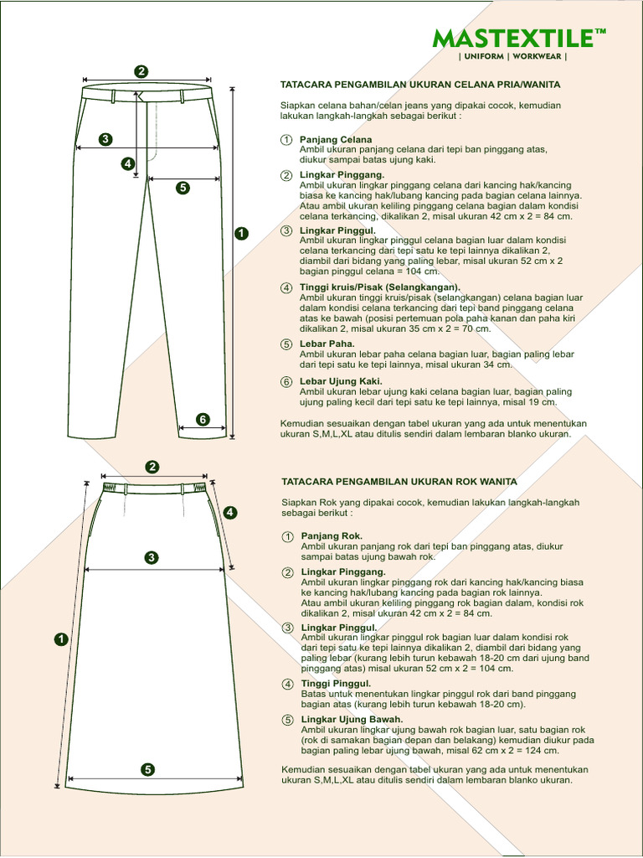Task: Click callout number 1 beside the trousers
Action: tap(242, 234)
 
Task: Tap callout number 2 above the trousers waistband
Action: tap(141, 71)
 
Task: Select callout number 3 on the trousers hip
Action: tap(105, 139)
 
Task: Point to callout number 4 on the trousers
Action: tap(128, 164)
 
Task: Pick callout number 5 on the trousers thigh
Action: tap(183, 188)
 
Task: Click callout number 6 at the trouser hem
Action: tap(202, 419)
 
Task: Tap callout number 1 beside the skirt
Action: tap(60, 640)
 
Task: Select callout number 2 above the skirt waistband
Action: tap(152, 467)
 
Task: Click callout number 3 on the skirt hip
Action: tap(152, 557)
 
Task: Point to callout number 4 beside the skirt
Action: tap(230, 513)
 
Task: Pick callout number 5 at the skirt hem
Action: tap(147, 769)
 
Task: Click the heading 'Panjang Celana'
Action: tap(336, 139)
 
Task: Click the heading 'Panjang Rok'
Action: tap(332, 535)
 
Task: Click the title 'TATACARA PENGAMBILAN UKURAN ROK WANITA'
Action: tap(399, 482)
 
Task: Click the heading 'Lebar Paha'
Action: tap(327, 344)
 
